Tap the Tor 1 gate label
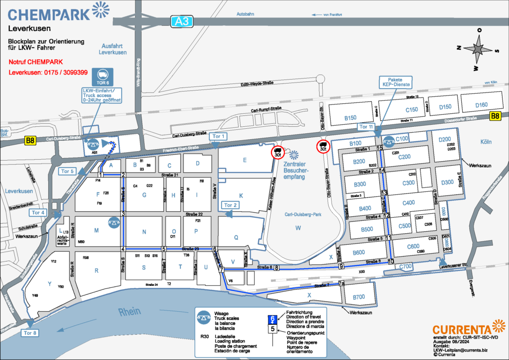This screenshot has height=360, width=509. click(219, 136)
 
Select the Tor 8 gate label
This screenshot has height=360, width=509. click(29, 333)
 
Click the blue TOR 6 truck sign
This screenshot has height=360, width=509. click(101, 78)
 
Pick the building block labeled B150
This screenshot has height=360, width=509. click(350, 118)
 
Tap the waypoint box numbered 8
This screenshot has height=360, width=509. click(276, 268)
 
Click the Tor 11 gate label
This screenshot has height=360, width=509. click(366, 127)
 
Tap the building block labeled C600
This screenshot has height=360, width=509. click(413, 246)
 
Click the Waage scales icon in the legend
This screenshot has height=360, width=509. click(204, 316)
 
